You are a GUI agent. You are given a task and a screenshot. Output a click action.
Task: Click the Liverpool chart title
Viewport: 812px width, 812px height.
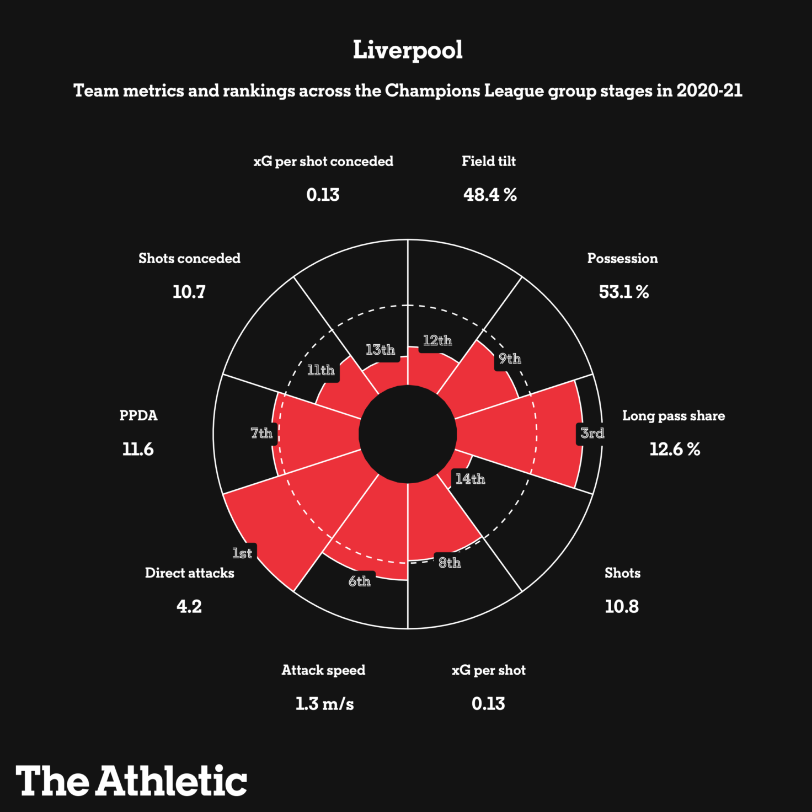click(408, 50)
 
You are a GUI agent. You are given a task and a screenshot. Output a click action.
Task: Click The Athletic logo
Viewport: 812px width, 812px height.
click(131, 781)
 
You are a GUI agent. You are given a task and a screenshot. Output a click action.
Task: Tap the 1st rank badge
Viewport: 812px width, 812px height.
click(242, 553)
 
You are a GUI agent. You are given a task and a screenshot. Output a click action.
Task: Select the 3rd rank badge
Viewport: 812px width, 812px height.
click(592, 433)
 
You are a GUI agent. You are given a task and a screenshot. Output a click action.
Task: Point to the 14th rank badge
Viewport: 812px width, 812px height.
click(470, 479)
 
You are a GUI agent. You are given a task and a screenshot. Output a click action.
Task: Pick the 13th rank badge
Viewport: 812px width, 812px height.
click(380, 350)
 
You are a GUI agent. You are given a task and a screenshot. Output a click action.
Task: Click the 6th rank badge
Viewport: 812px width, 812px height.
click(360, 581)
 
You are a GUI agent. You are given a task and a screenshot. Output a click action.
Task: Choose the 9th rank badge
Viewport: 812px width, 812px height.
click(510, 359)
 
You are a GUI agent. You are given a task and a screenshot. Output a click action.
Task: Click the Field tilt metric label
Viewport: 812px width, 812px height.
click(489, 161)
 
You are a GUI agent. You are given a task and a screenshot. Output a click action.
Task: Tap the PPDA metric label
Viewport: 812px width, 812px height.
click(138, 415)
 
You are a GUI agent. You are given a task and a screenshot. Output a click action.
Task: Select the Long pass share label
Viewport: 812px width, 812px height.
click(674, 416)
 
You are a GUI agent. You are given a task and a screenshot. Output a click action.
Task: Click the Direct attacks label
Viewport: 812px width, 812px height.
click(189, 573)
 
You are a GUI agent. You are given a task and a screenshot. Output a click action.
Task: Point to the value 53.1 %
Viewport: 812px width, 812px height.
click(624, 292)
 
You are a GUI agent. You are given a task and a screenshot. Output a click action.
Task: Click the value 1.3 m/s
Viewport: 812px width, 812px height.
click(324, 704)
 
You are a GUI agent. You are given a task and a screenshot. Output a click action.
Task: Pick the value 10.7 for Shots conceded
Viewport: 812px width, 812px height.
click(189, 292)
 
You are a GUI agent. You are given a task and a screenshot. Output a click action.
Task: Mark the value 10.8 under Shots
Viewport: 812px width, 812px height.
click(622, 607)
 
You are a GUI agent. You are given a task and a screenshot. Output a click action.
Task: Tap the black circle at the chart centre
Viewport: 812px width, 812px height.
click(408, 434)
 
